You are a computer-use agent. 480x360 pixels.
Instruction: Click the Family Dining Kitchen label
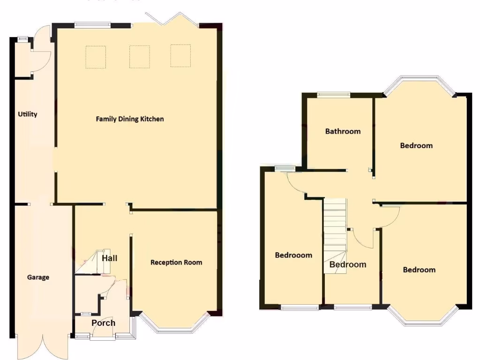click(130, 119)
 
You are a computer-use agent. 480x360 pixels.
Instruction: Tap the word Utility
click(28, 114)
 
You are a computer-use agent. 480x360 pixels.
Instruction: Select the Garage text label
click(38, 277)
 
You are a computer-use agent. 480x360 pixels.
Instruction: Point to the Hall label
click(110, 258)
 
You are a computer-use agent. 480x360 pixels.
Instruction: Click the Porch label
click(103, 322)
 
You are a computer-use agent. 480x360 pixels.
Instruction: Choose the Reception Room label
click(176, 262)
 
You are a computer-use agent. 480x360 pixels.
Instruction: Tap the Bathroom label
click(343, 131)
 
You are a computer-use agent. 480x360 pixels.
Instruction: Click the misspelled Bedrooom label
click(293, 255)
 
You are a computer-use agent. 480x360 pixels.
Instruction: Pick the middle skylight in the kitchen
click(139, 56)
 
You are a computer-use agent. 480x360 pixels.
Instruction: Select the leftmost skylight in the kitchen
click(96, 57)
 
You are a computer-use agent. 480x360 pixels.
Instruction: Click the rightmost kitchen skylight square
click(180, 56)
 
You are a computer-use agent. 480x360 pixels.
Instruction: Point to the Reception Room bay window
click(174, 325)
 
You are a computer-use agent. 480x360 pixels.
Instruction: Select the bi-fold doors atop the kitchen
click(171, 20)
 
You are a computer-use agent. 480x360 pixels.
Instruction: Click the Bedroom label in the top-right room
click(416, 145)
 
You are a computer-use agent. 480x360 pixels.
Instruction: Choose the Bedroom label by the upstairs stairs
click(348, 264)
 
